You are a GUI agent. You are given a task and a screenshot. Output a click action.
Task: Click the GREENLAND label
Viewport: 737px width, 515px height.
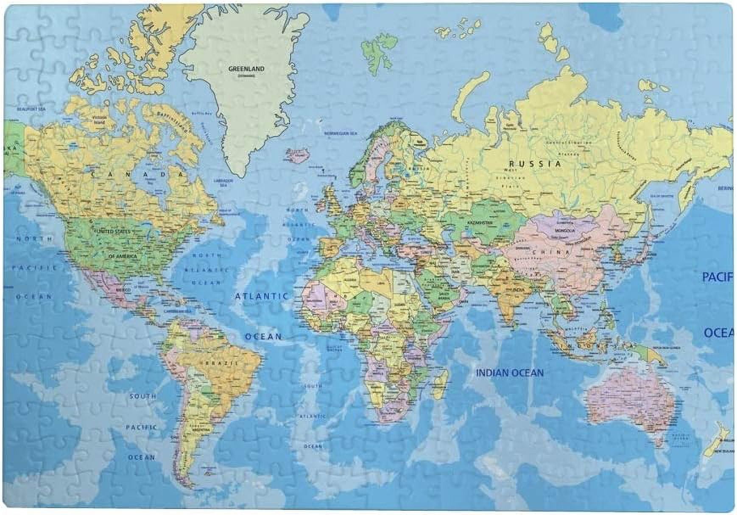246,69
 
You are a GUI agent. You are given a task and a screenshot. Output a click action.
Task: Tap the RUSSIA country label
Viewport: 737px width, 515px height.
535,164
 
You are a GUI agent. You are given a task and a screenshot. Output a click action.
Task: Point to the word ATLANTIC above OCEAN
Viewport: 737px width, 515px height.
262,296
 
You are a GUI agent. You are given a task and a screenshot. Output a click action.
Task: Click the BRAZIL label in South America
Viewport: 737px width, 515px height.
226,363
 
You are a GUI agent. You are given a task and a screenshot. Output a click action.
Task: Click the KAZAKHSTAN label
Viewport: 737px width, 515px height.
480,222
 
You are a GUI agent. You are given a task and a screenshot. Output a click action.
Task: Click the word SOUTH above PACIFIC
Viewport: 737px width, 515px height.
143,396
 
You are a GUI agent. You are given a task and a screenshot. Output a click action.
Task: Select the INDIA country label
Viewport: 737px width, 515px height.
518,290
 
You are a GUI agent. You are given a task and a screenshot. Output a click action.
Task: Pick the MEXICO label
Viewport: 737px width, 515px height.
123,289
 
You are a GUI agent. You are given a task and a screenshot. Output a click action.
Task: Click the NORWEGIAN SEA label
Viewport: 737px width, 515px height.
341,133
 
